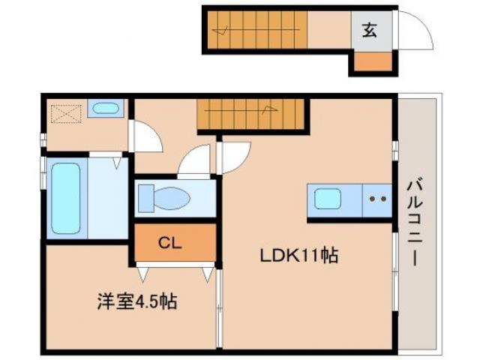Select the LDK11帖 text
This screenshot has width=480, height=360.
[298, 256]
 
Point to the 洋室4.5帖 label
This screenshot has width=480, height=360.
[136, 303]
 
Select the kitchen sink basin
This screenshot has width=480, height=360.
[328, 199]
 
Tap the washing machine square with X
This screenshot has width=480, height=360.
[60, 114]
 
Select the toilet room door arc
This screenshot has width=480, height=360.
[194, 160]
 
